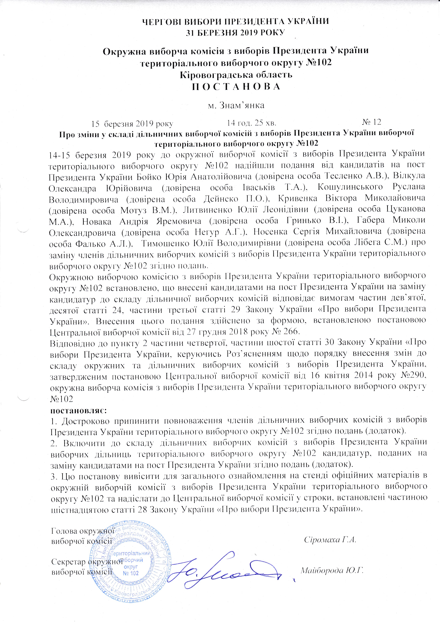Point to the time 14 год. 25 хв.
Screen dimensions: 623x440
click(x=251, y=123)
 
